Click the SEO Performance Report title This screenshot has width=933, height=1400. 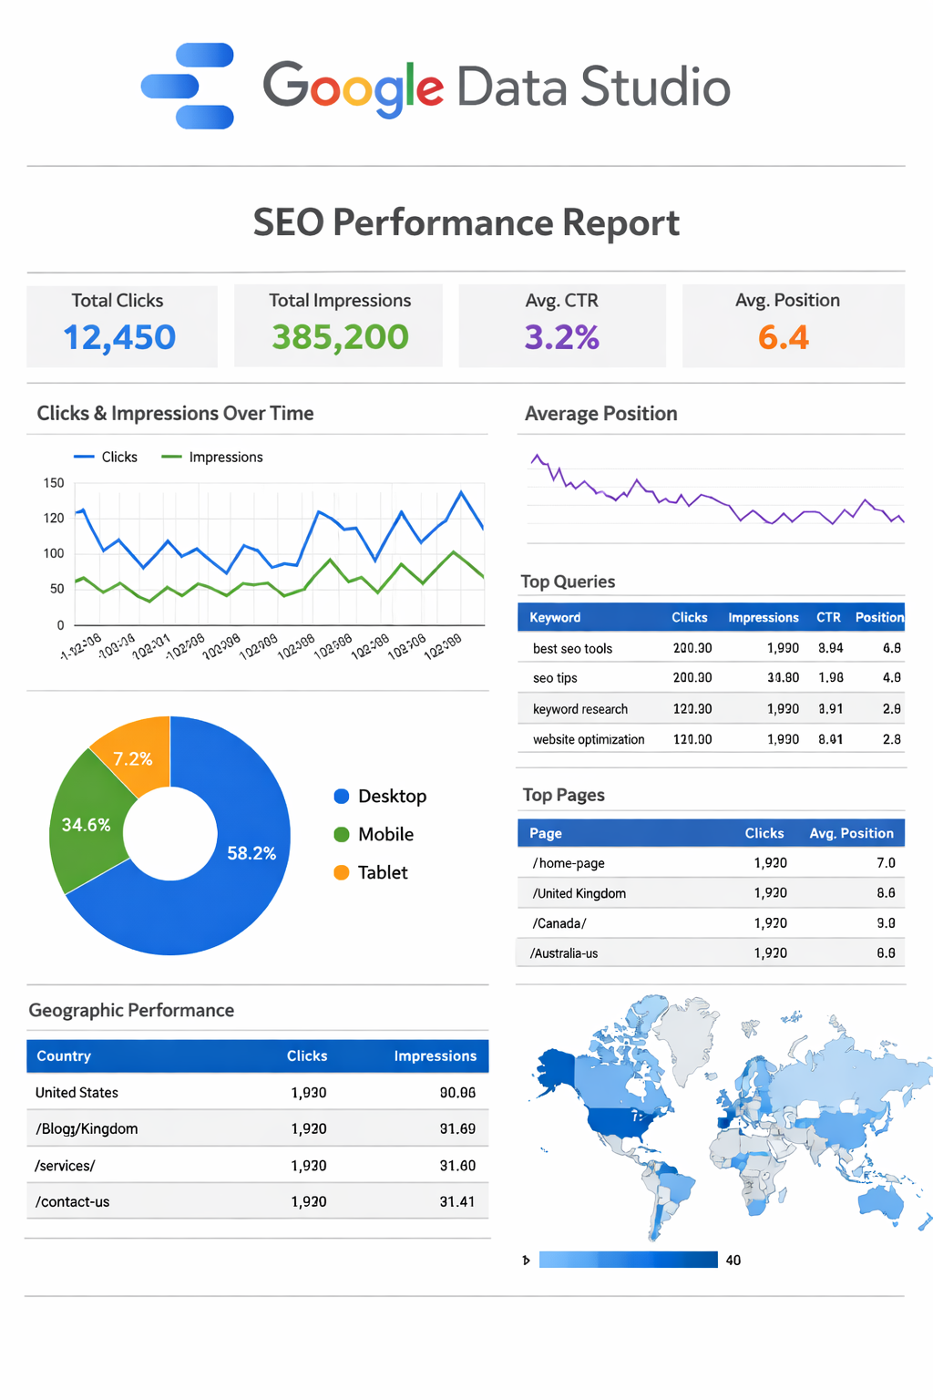pos(466,222)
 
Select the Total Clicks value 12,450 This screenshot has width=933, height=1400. pos(119,337)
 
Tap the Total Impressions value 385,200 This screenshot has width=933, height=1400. pos(340,337)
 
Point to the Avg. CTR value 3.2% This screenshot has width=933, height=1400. pos(561,337)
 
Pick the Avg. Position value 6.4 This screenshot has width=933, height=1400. pos(784,337)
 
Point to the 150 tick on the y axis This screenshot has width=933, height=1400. pos(54,483)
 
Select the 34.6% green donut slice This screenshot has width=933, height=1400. pos(86,825)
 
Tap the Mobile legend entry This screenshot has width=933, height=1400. pos(384,834)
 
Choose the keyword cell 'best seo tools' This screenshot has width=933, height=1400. pos(572,648)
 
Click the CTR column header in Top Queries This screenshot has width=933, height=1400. pos(828,617)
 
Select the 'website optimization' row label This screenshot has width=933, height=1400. pos(589,739)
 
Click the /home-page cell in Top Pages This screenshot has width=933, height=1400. pos(569,863)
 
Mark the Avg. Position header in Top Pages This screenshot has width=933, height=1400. pos(851,833)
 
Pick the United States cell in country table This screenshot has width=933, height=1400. pos(77,1092)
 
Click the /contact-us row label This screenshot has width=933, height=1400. pos(72,1201)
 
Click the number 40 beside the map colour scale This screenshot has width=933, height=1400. pos(733,1260)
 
